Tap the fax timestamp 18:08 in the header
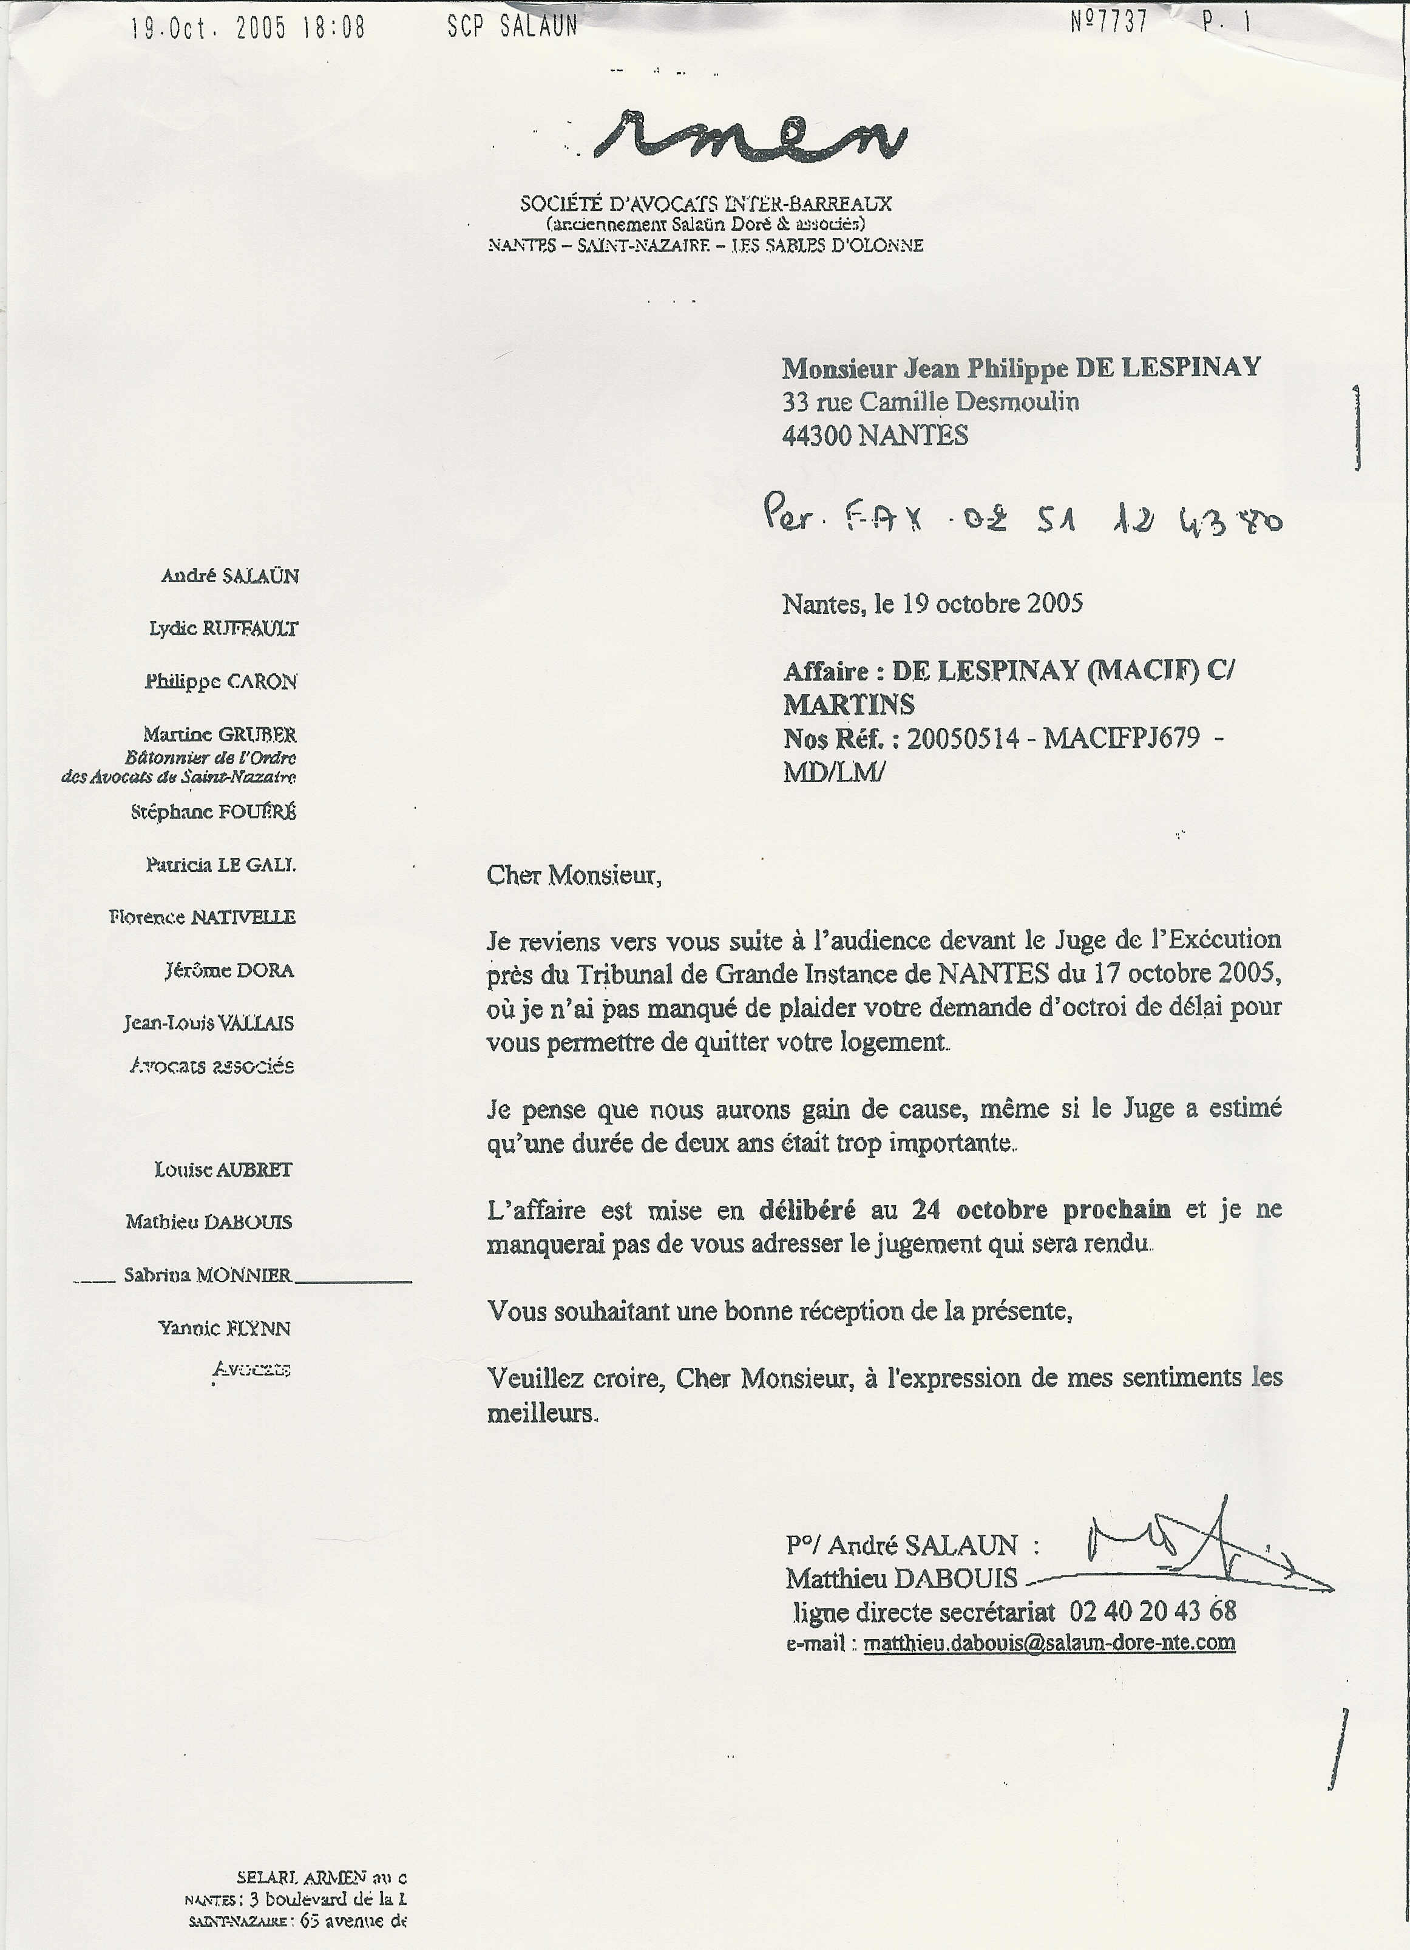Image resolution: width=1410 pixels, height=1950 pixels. click(334, 29)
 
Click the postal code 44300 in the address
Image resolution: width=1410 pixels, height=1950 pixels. click(817, 436)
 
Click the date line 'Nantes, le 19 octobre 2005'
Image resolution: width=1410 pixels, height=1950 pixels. click(932, 603)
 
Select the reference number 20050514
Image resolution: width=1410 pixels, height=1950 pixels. click(962, 739)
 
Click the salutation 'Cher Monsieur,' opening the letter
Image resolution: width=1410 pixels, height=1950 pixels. click(574, 875)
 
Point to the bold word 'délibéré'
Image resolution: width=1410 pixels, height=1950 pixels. click(807, 1210)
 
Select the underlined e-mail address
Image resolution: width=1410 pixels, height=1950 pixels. click(1049, 1642)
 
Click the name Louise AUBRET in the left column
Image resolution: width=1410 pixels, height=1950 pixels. click(223, 1169)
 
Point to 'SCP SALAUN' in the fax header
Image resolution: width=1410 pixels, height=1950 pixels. click(512, 27)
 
